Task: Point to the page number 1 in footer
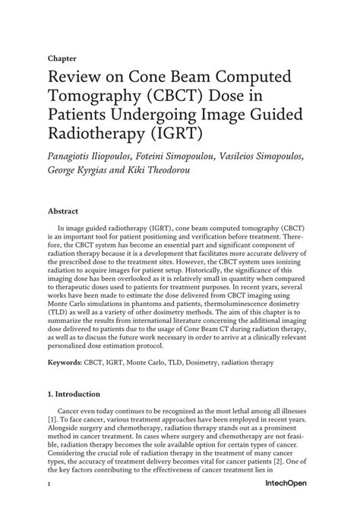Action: [x=49, y=506]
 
